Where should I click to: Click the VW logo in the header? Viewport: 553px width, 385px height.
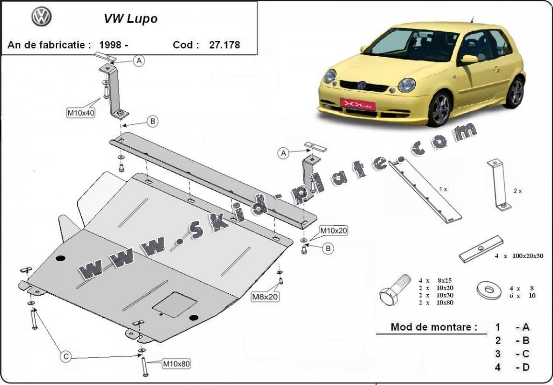pos(41,17)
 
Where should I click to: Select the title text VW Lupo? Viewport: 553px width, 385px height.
pos(131,19)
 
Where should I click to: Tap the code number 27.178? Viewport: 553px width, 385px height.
pos(224,45)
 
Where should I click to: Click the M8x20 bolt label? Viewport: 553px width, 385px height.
pos(264,297)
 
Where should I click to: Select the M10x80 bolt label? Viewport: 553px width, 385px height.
pos(176,364)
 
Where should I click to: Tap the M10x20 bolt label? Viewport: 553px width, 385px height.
pos(334,231)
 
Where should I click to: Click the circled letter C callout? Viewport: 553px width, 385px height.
pos(67,357)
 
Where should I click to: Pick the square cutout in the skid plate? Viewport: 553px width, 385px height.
pos(175,304)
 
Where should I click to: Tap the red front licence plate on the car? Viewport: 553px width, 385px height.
pos(358,104)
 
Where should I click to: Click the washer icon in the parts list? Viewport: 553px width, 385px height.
pos(488,289)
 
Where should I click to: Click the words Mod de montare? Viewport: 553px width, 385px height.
pos(434,327)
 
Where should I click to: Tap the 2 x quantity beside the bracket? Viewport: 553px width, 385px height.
pos(517,191)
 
